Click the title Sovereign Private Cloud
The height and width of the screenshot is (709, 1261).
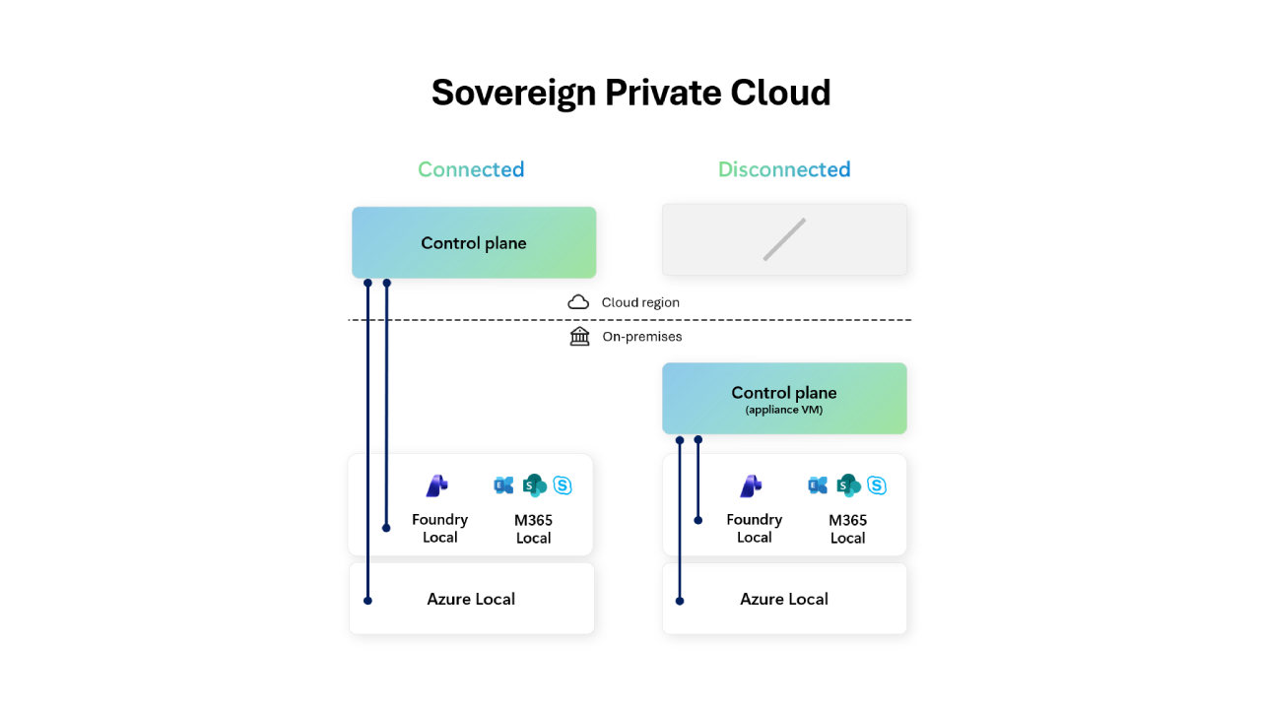click(x=630, y=93)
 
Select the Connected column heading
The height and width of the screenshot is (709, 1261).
click(x=471, y=169)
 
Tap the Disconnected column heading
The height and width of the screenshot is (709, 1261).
click(x=784, y=169)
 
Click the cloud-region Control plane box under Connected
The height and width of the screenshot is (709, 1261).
click(x=474, y=243)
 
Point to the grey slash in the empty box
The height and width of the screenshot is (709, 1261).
click(x=784, y=239)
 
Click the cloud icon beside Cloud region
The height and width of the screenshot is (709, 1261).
click(x=578, y=302)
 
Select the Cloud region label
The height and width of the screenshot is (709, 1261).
click(x=640, y=302)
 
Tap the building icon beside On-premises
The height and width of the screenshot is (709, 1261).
click(x=579, y=337)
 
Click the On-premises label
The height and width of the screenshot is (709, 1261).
click(x=642, y=337)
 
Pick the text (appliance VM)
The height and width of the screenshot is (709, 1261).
click(x=784, y=410)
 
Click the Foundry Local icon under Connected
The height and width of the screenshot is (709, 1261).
click(x=437, y=485)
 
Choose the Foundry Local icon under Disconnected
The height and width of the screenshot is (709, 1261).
click(x=752, y=485)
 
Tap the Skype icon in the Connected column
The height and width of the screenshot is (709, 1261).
click(x=563, y=485)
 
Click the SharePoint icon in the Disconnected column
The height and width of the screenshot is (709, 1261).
click(x=848, y=485)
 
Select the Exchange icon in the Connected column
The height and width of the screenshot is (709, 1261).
click(x=504, y=485)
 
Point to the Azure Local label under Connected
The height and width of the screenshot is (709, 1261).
click(x=471, y=599)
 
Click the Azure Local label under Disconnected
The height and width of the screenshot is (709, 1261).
click(x=784, y=599)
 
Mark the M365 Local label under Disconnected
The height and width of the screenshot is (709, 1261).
click(x=847, y=529)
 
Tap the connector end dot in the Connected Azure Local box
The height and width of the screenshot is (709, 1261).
click(x=367, y=600)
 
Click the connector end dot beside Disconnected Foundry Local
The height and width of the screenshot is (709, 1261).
click(x=698, y=520)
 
